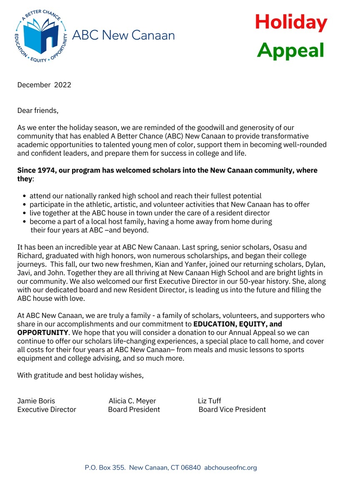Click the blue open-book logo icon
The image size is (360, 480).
pyautogui.click(x=40, y=37)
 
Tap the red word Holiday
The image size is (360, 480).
pyautogui.click(x=291, y=22)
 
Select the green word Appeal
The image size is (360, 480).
pyautogui.click(x=290, y=50)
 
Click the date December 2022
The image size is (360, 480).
pyautogui.click(x=44, y=85)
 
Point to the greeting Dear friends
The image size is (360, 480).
pyautogui.click(x=38, y=110)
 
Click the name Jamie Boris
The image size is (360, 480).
pyautogui.click(x=36, y=401)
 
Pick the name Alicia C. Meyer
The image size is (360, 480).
pyautogui.click(x=132, y=401)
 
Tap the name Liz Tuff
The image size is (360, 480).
pyautogui.click(x=210, y=401)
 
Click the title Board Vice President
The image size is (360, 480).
pyautogui.click(x=232, y=410)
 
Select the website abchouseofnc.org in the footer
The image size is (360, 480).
pyautogui.click(x=230, y=467)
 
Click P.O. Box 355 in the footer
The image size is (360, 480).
pyautogui.click(x=105, y=467)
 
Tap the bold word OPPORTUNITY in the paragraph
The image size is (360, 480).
pyautogui.click(x=42, y=332)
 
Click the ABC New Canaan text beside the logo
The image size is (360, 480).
pyautogui.click(x=123, y=35)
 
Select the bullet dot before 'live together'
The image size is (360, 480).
pyautogui.click(x=25, y=213)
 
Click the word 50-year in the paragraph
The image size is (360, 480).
pyautogui.click(x=235, y=281)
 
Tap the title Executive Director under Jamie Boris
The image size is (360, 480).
pyautogui.click(x=47, y=410)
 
